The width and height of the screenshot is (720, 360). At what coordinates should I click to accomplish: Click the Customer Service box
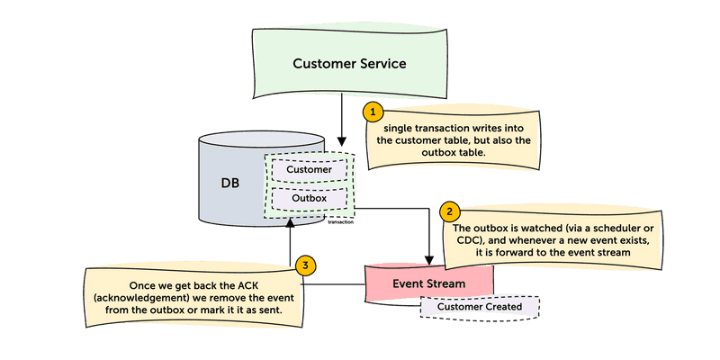click(349, 64)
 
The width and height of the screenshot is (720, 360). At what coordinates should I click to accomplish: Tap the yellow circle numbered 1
click(372, 112)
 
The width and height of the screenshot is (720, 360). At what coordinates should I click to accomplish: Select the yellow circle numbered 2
click(448, 212)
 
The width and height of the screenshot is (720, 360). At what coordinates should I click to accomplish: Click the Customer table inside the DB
click(309, 169)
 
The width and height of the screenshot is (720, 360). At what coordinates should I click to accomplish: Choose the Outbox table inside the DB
click(309, 198)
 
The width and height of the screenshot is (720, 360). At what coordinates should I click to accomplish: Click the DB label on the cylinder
click(231, 183)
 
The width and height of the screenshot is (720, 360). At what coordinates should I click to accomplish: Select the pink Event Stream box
click(428, 283)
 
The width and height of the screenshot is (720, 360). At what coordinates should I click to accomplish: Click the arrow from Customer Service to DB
click(341, 121)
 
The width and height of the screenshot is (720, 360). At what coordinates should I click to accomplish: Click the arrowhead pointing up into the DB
click(290, 223)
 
